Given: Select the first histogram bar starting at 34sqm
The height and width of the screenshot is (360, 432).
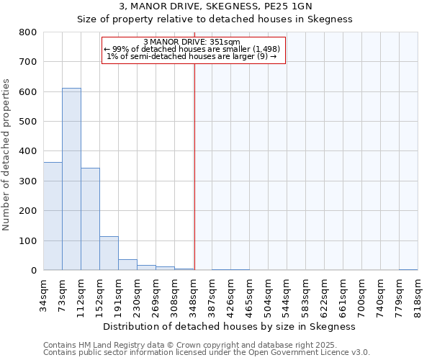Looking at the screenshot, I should point(53,216).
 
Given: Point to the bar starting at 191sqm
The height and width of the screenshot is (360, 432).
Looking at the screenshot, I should point(127,264).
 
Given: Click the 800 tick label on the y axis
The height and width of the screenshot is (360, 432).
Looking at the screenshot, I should point(27,32).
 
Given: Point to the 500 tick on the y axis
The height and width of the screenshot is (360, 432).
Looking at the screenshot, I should point(27,122).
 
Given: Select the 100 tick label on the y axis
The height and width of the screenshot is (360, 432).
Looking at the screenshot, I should point(27,240).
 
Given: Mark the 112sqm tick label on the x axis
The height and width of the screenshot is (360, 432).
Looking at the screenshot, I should point(81,293).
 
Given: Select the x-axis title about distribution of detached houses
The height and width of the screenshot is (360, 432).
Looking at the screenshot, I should point(230,326).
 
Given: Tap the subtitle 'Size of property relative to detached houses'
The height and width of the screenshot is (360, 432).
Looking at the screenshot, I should point(215,19).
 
